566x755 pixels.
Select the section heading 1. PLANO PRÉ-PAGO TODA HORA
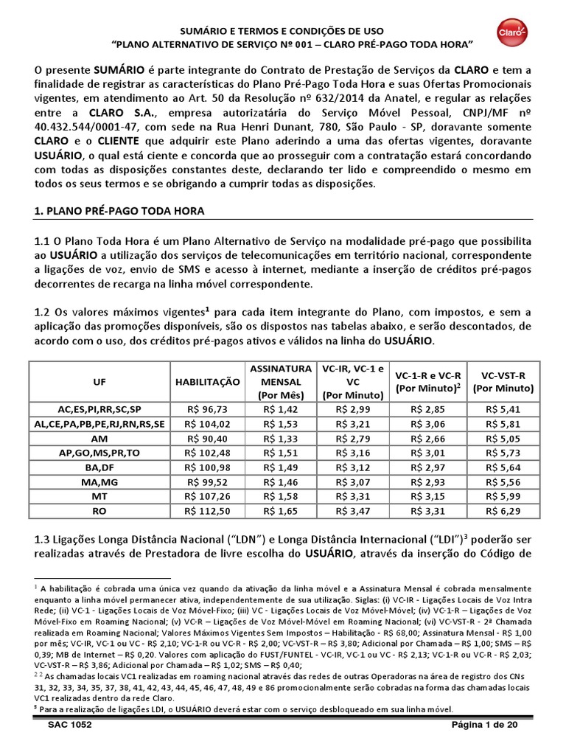click(x=119, y=211)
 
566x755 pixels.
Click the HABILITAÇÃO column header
click(x=207, y=382)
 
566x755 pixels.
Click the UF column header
click(x=99, y=382)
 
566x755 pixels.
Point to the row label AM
click(x=99, y=438)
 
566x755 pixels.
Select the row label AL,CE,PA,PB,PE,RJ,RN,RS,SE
click(x=99, y=423)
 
